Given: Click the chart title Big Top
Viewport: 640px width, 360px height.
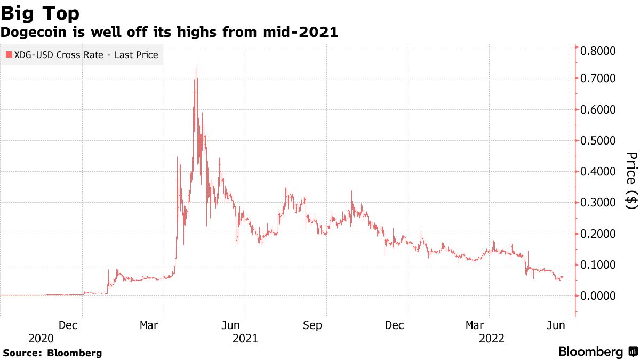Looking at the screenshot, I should (41, 12).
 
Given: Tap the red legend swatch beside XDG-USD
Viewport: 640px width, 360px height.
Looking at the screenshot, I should (9, 55).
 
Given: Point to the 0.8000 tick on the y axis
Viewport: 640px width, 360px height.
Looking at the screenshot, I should (597, 51).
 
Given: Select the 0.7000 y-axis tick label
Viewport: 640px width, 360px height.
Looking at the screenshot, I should (597, 78).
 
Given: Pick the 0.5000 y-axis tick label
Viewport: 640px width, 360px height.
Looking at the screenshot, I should (597, 141).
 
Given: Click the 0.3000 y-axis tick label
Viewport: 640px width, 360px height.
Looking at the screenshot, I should (597, 203).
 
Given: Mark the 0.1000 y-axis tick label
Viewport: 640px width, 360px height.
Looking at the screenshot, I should (597, 265).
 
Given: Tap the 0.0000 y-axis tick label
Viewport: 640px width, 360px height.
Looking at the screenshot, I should (597, 296).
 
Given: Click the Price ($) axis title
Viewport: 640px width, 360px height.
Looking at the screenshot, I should (631, 180).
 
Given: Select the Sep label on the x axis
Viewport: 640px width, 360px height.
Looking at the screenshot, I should (313, 325).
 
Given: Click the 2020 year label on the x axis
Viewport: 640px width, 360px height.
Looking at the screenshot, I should (41, 339).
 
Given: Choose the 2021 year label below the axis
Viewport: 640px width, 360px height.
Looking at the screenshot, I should (245, 339).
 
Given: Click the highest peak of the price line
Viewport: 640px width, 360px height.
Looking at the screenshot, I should (197, 67).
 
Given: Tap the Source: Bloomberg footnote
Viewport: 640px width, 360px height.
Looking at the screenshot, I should (52, 353).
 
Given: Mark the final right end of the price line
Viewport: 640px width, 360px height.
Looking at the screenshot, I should (563, 277).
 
